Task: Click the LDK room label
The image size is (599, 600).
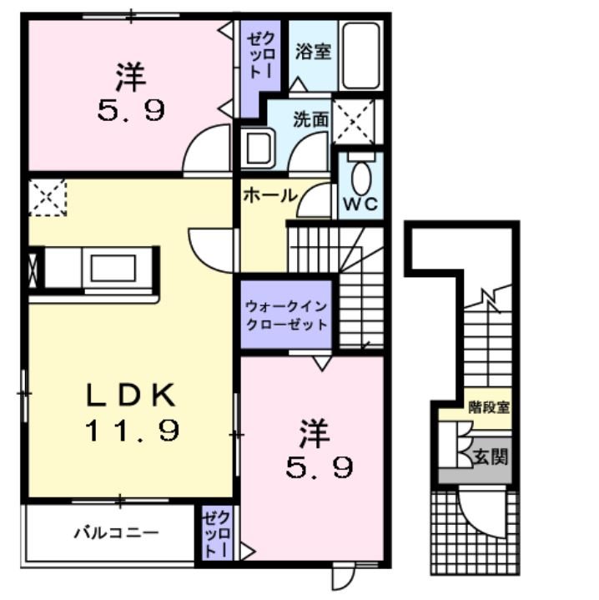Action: point(131,395)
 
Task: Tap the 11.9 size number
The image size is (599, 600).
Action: point(133,431)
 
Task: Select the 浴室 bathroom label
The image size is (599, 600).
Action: point(313,52)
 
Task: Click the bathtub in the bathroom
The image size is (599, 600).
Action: point(361,56)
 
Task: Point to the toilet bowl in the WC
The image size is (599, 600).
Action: point(361,178)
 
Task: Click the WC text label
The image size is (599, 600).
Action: point(360,204)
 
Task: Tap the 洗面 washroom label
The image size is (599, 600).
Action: point(310,119)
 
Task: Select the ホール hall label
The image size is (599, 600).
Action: point(270,195)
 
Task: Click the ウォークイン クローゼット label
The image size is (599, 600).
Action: point(286,315)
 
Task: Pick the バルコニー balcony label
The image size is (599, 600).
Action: point(116,532)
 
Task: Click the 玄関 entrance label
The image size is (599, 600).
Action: point(491,456)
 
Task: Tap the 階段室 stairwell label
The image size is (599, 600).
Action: point(489,407)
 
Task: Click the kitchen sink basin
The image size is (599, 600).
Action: point(113,268)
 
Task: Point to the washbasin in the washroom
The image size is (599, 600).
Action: point(259,148)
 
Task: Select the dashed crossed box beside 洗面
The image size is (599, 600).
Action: point(353,121)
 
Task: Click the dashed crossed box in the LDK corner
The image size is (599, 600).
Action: point(48,198)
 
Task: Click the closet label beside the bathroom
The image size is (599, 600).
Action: point(261,55)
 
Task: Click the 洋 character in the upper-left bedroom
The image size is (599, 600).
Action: point(131,77)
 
